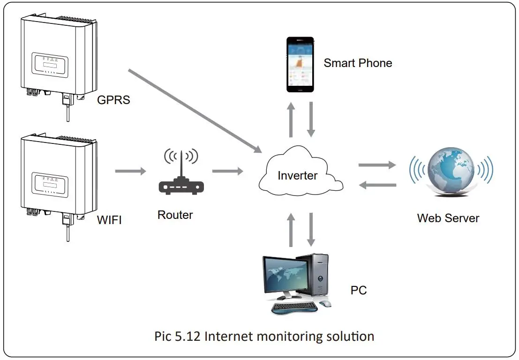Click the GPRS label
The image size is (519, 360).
coord(113,99)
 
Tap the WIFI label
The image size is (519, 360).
coord(109,219)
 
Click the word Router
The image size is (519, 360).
coord(175,215)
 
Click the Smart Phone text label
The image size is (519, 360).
coord(358,63)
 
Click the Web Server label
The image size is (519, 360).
coord(448,218)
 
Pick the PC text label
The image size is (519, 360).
coord(359,291)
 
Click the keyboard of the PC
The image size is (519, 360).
coord(295,307)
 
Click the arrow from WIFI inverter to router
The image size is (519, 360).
coord(131,171)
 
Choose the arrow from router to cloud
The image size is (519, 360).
coord(228,171)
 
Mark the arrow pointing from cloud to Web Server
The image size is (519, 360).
coord(377,165)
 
